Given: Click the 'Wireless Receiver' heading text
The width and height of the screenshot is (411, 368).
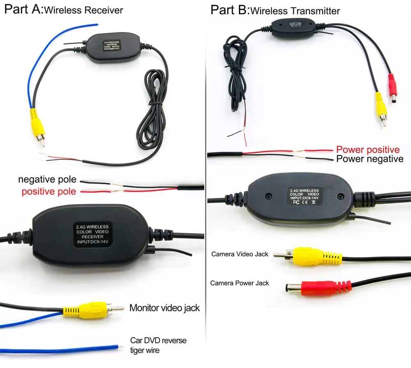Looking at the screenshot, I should click(x=83, y=10).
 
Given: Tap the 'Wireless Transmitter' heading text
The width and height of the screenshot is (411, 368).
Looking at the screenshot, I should click(x=295, y=10).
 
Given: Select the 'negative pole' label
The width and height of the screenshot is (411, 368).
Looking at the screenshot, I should click(x=47, y=180).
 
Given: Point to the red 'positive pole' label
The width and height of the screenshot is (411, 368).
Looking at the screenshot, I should click(x=49, y=191).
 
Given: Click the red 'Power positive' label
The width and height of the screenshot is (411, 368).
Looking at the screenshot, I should click(x=368, y=150).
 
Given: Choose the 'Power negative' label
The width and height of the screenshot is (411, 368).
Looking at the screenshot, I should click(x=370, y=159).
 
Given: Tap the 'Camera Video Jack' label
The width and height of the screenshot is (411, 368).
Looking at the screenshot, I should click(x=240, y=254).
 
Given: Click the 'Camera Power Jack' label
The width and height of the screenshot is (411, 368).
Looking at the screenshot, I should click(x=240, y=283).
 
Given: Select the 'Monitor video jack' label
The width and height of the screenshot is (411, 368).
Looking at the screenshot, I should click(x=164, y=308).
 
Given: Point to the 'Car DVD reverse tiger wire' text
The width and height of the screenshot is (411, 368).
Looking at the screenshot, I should click(x=158, y=345).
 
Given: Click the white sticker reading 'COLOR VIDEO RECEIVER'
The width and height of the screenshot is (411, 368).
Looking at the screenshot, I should click(x=92, y=235).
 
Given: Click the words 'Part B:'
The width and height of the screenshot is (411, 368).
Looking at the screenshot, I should click(x=230, y=9).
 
